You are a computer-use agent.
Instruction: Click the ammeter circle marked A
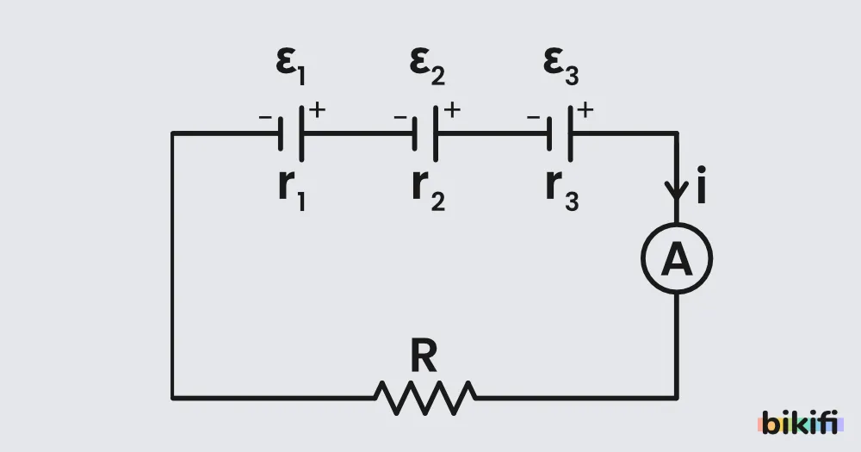click(x=677, y=224)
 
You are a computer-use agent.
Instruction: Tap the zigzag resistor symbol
click(x=425, y=398)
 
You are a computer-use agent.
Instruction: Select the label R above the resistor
click(x=424, y=356)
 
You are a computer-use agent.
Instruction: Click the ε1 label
click(x=290, y=66)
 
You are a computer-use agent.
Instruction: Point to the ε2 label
click(x=427, y=66)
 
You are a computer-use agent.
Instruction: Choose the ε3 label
click(x=561, y=66)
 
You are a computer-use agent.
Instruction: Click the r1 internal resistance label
click(x=292, y=189)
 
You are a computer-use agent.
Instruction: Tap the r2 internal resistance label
click(x=428, y=189)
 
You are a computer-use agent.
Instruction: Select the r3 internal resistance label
click(x=562, y=189)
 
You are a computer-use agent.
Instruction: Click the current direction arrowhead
click(x=677, y=191)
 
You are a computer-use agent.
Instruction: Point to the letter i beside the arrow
click(x=701, y=184)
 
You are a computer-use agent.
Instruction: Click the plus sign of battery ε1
click(x=317, y=110)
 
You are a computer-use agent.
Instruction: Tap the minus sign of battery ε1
click(x=265, y=117)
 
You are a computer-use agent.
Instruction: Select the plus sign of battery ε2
click(x=452, y=110)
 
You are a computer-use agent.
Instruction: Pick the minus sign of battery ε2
click(x=400, y=117)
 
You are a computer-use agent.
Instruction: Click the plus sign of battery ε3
click(x=585, y=110)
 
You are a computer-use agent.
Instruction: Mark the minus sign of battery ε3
click(x=533, y=117)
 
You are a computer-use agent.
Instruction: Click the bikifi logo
click(x=801, y=423)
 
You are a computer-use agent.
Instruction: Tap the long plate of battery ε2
click(x=436, y=133)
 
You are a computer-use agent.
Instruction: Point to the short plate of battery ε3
click(x=549, y=133)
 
